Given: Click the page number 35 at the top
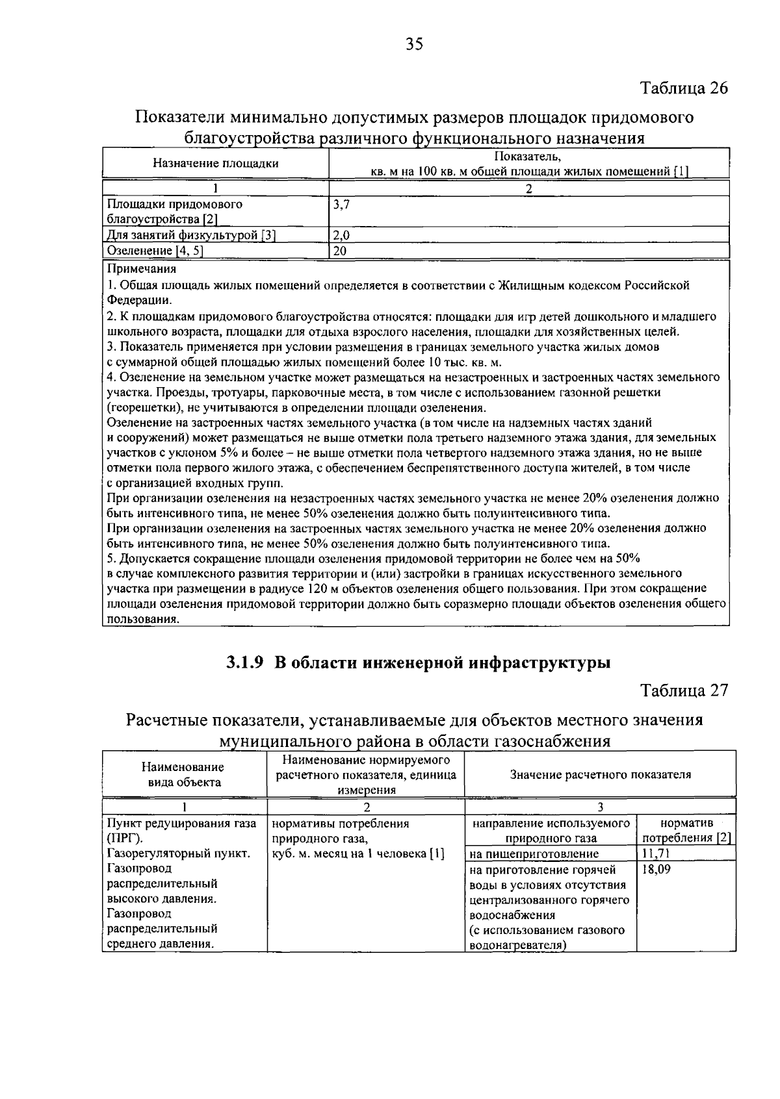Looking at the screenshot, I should [414, 44].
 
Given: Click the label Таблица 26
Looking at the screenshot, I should [684, 88].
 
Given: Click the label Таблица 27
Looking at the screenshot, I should [684, 690].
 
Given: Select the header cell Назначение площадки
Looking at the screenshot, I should [215, 163].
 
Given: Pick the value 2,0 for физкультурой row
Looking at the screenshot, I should [341, 236].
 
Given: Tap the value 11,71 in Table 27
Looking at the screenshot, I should [655, 853].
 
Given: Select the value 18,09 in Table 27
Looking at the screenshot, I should [655, 869].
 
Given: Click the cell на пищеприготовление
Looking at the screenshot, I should [533, 853].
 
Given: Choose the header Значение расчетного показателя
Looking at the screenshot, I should [600, 774].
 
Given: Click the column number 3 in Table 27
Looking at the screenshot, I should [600, 807].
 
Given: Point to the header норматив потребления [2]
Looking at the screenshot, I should [685, 831].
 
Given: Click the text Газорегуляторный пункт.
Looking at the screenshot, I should [178, 853].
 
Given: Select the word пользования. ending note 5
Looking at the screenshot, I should [143, 619].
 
